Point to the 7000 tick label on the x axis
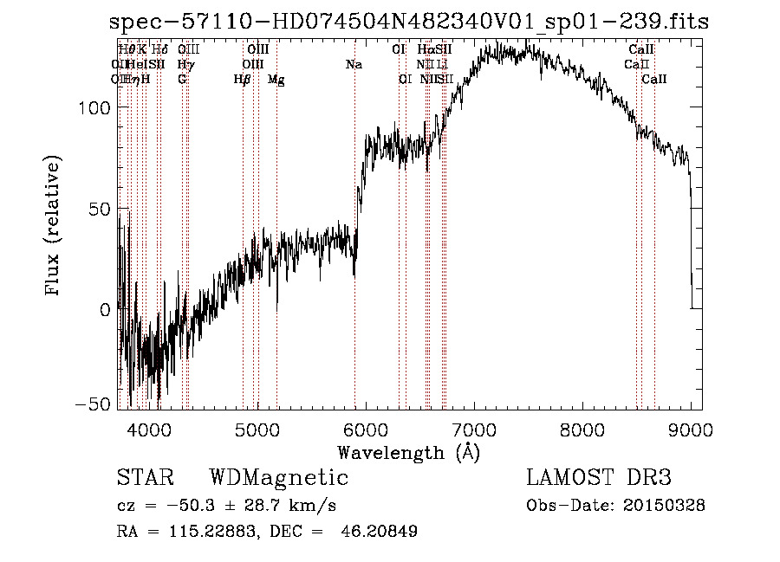[x=474, y=430]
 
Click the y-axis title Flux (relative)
[x=54, y=227]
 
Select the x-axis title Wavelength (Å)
[x=408, y=452]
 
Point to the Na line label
[x=354, y=65]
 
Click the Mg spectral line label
[x=276, y=80]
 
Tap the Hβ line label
[x=243, y=80]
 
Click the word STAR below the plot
[x=145, y=478]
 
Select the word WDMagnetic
[x=279, y=478]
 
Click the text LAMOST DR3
[x=599, y=478]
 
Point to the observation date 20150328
[x=663, y=506]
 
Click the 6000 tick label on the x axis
[x=365, y=430]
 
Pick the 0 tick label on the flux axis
[x=106, y=310]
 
